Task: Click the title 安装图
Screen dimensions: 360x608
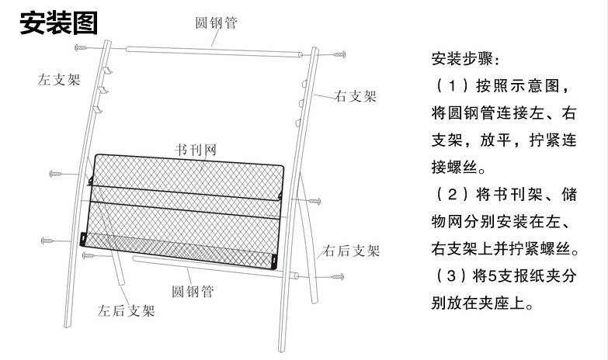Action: pos(58,23)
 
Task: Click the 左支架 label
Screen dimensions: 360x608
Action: pos(59,79)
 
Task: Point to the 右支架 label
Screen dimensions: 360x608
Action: pos(355,97)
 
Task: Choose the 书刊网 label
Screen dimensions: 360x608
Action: pos(194,147)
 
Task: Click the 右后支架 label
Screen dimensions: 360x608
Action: pos(353,251)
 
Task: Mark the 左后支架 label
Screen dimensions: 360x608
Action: pos(125,312)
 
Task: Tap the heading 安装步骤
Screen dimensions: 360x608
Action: pos(466,60)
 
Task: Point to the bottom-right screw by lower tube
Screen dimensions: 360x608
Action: pos(336,275)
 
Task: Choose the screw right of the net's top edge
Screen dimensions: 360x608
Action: pos(312,201)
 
